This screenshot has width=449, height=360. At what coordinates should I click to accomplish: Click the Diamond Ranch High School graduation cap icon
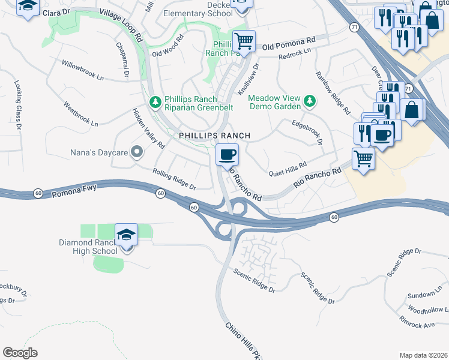[126, 235]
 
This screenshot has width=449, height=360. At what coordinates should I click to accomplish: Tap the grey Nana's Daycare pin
[136, 152]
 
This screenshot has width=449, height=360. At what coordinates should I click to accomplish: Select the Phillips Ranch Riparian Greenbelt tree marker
[155, 102]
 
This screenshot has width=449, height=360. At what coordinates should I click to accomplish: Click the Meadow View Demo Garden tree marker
[310, 101]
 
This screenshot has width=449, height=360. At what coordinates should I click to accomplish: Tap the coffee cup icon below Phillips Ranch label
[227, 155]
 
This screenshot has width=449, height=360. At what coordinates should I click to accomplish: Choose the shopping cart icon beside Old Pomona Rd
[244, 41]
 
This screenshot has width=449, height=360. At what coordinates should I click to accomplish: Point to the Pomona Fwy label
[74, 192]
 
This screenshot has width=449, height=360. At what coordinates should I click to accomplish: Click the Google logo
[20, 352]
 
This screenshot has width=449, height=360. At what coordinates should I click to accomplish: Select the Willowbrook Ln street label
[83, 70]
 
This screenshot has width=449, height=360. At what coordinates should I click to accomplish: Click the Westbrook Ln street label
[80, 113]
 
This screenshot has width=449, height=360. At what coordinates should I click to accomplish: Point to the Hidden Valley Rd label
[149, 129]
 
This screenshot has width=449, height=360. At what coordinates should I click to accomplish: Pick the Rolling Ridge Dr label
[175, 179]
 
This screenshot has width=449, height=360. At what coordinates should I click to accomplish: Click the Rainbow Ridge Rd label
[332, 92]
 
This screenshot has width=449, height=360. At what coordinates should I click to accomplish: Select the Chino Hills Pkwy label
[244, 341]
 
